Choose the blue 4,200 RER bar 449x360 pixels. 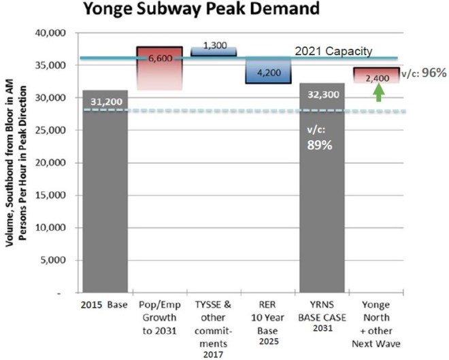(268, 70)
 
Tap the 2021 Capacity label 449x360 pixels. (333, 51)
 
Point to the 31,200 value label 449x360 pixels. (105, 101)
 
